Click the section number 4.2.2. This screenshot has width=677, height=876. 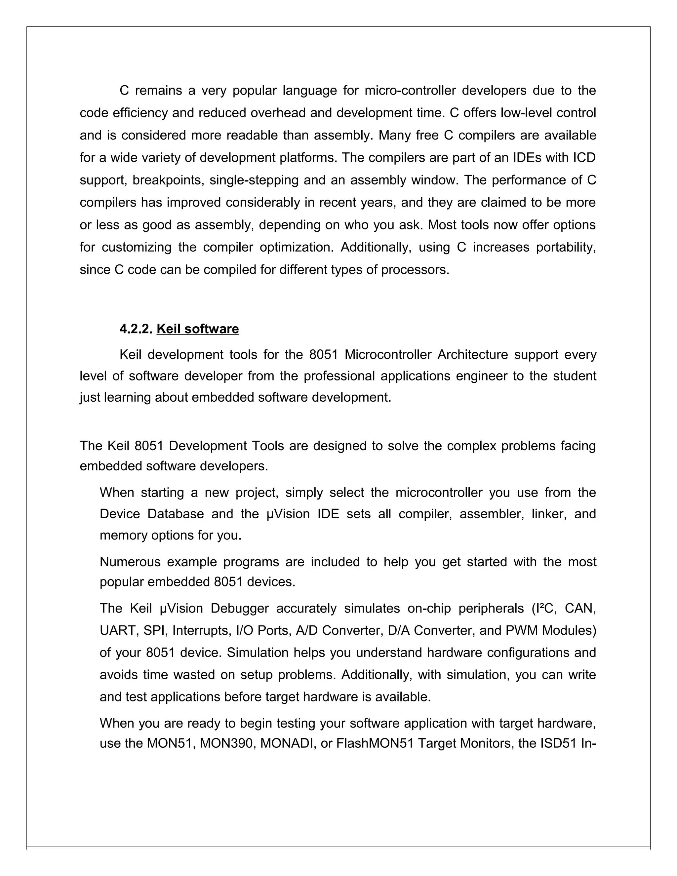(x=136, y=329)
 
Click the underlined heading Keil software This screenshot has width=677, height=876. (x=198, y=329)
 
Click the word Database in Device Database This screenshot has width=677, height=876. (x=176, y=514)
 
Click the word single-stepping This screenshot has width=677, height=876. (x=254, y=180)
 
